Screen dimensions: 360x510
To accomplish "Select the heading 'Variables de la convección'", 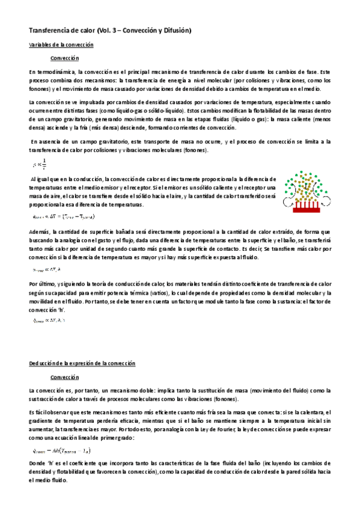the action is tap(61, 45).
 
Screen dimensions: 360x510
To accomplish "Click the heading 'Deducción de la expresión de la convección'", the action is tap(83, 364).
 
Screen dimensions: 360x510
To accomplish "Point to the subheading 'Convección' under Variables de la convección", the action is tap(65, 58).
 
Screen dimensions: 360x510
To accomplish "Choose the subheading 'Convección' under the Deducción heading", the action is tap(65, 377).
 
